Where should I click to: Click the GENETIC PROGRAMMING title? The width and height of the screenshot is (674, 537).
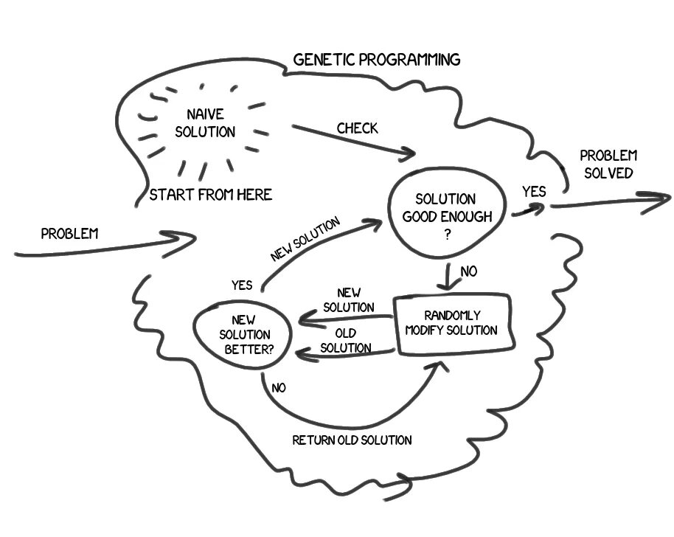[376, 60]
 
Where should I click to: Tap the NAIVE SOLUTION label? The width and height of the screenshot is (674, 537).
[210, 124]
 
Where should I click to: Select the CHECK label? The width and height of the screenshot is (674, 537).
[357, 128]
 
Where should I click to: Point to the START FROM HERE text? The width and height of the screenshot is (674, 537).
[211, 195]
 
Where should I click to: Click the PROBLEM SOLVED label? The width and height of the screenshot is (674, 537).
[608, 164]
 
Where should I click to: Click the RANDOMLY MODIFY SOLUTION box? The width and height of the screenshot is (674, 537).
[451, 323]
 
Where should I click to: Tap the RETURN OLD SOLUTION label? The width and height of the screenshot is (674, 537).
[352, 440]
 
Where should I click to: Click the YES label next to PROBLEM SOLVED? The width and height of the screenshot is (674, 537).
[534, 192]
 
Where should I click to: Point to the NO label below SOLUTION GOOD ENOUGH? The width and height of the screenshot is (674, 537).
[468, 272]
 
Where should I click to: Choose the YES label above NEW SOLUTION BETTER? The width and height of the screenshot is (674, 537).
[241, 285]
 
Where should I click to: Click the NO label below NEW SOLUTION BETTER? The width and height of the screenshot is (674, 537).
[279, 386]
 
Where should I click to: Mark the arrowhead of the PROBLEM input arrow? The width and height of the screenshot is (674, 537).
[188, 239]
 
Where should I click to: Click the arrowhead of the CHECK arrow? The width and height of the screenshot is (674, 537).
[408, 155]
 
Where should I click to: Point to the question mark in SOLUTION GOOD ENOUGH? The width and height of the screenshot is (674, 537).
[445, 231]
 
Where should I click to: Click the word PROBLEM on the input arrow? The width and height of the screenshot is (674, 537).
[69, 234]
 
